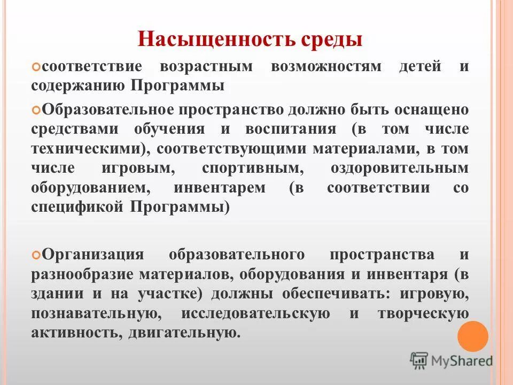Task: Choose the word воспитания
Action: (x=291, y=129)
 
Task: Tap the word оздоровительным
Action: (x=400, y=168)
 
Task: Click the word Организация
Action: (x=92, y=253)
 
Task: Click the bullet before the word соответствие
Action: (x=36, y=67)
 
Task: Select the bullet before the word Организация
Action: (x=36, y=255)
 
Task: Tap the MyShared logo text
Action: (x=461, y=361)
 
